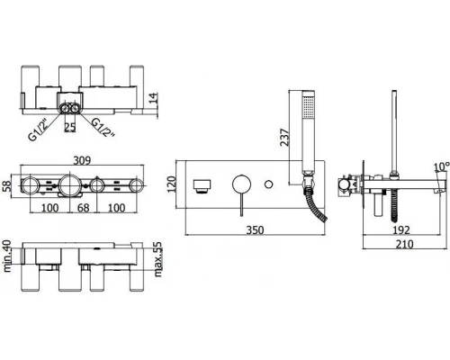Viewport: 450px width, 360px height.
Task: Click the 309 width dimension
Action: pos(82,160)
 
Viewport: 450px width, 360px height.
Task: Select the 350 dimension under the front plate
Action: pos(255,230)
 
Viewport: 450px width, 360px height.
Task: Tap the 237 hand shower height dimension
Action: pos(284,138)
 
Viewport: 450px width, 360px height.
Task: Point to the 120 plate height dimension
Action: pos(171,184)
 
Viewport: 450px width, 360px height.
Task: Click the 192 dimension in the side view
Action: pos(401,230)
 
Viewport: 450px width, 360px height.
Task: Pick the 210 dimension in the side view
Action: pos(405,244)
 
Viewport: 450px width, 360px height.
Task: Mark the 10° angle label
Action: pos(442,166)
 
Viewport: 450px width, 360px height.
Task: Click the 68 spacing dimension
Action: pos(83,208)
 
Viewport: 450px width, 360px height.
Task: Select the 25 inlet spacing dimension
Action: pos(70,127)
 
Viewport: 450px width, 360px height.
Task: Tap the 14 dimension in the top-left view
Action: pos(153,98)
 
